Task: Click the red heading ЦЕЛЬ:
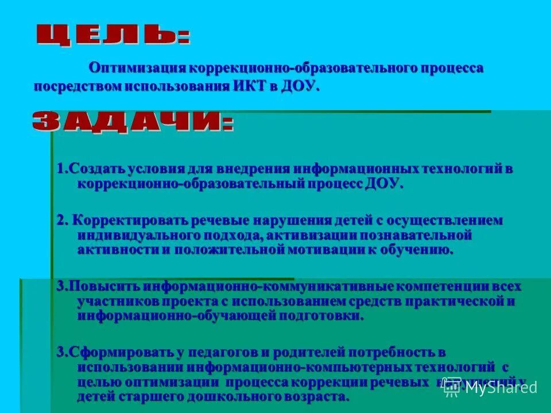point(113,35)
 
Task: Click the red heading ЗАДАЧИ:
point(133,122)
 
